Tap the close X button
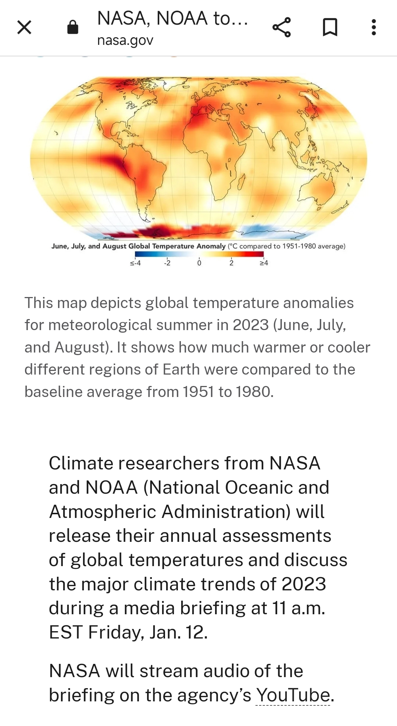[x=24, y=27]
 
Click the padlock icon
[x=73, y=27]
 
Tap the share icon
[x=282, y=27]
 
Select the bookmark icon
[x=330, y=27]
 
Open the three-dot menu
[x=374, y=27]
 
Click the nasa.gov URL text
[x=125, y=40]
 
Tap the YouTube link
[x=293, y=695]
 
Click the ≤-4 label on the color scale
[x=135, y=263]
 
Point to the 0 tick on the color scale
[x=199, y=263]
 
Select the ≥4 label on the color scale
[x=264, y=263]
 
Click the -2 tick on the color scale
[x=167, y=263]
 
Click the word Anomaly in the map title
[x=211, y=246]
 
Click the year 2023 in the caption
[x=251, y=325]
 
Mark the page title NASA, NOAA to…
[x=173, y=18]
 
